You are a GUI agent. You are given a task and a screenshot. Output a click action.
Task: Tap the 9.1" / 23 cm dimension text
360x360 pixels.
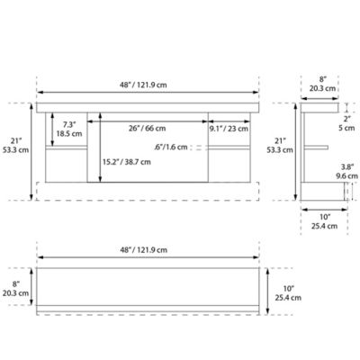coord(229,129)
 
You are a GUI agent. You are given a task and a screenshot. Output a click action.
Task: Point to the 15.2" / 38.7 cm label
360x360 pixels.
coord(126,162)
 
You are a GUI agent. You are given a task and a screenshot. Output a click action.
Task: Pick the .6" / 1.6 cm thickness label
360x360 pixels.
coord(172,147)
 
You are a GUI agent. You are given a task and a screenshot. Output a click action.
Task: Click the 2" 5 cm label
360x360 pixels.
coord(346,122)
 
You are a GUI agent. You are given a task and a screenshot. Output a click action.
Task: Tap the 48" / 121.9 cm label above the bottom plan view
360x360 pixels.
coord(148,247)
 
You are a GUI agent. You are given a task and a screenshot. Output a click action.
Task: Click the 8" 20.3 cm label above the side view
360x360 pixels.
coord(323,84)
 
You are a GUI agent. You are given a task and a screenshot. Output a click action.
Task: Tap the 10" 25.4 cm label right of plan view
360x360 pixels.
coord(283,291)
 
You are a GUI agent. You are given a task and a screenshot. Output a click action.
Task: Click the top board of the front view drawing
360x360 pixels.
coord(147,107)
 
